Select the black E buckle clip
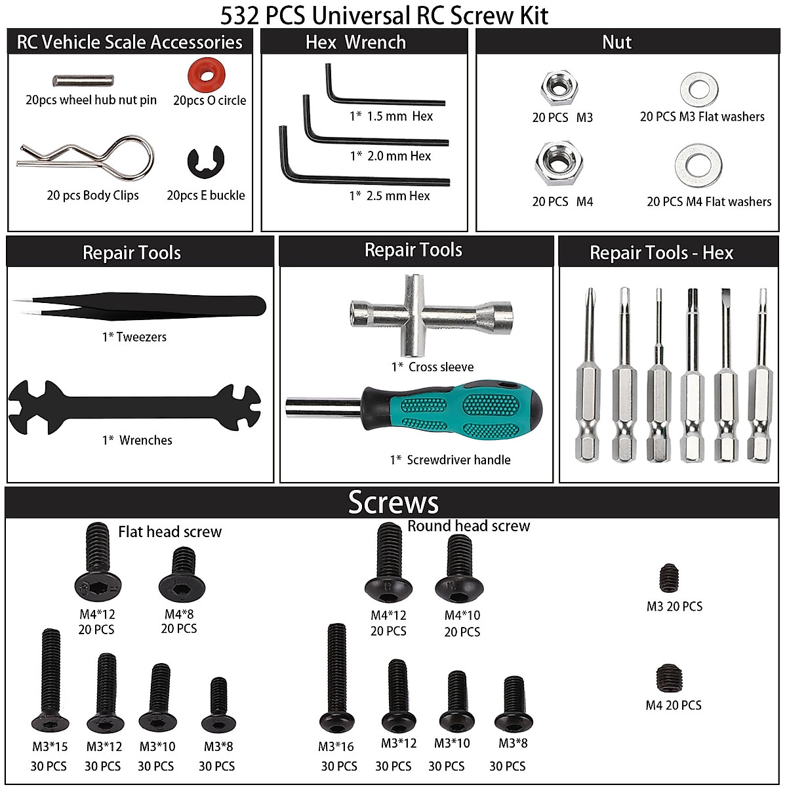(x=205, y=163)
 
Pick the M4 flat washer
(x=698, y=163)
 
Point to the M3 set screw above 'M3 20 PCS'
(x=669, y=578)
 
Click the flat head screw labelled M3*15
(x=50, y=682)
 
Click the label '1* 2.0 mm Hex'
(x=390, y=156)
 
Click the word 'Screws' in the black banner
(x=393, y=502)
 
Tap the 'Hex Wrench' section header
(x=355, y=43)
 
